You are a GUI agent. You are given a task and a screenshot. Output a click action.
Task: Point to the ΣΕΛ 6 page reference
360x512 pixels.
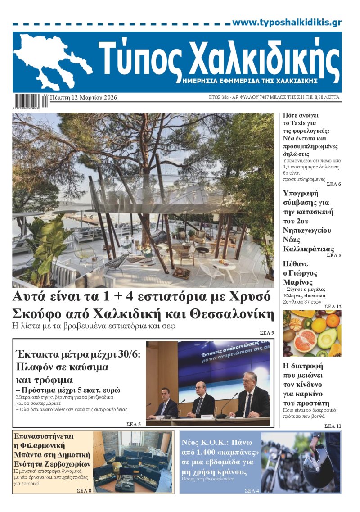pyautogui.click(x=333, y=184)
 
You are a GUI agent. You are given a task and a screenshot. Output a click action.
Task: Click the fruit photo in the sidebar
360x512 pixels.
pyautogui.click(x=312, y=333)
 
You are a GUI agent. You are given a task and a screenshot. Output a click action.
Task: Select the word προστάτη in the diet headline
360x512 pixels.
pyautogui.click(x=307, y=403)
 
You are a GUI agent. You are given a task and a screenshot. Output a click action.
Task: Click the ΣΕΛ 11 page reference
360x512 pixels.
pyautogui.click(x=333, y=426)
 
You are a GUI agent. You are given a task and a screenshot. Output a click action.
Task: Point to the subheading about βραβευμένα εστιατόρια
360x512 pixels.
pyautogui.click(x=94, y=326)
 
